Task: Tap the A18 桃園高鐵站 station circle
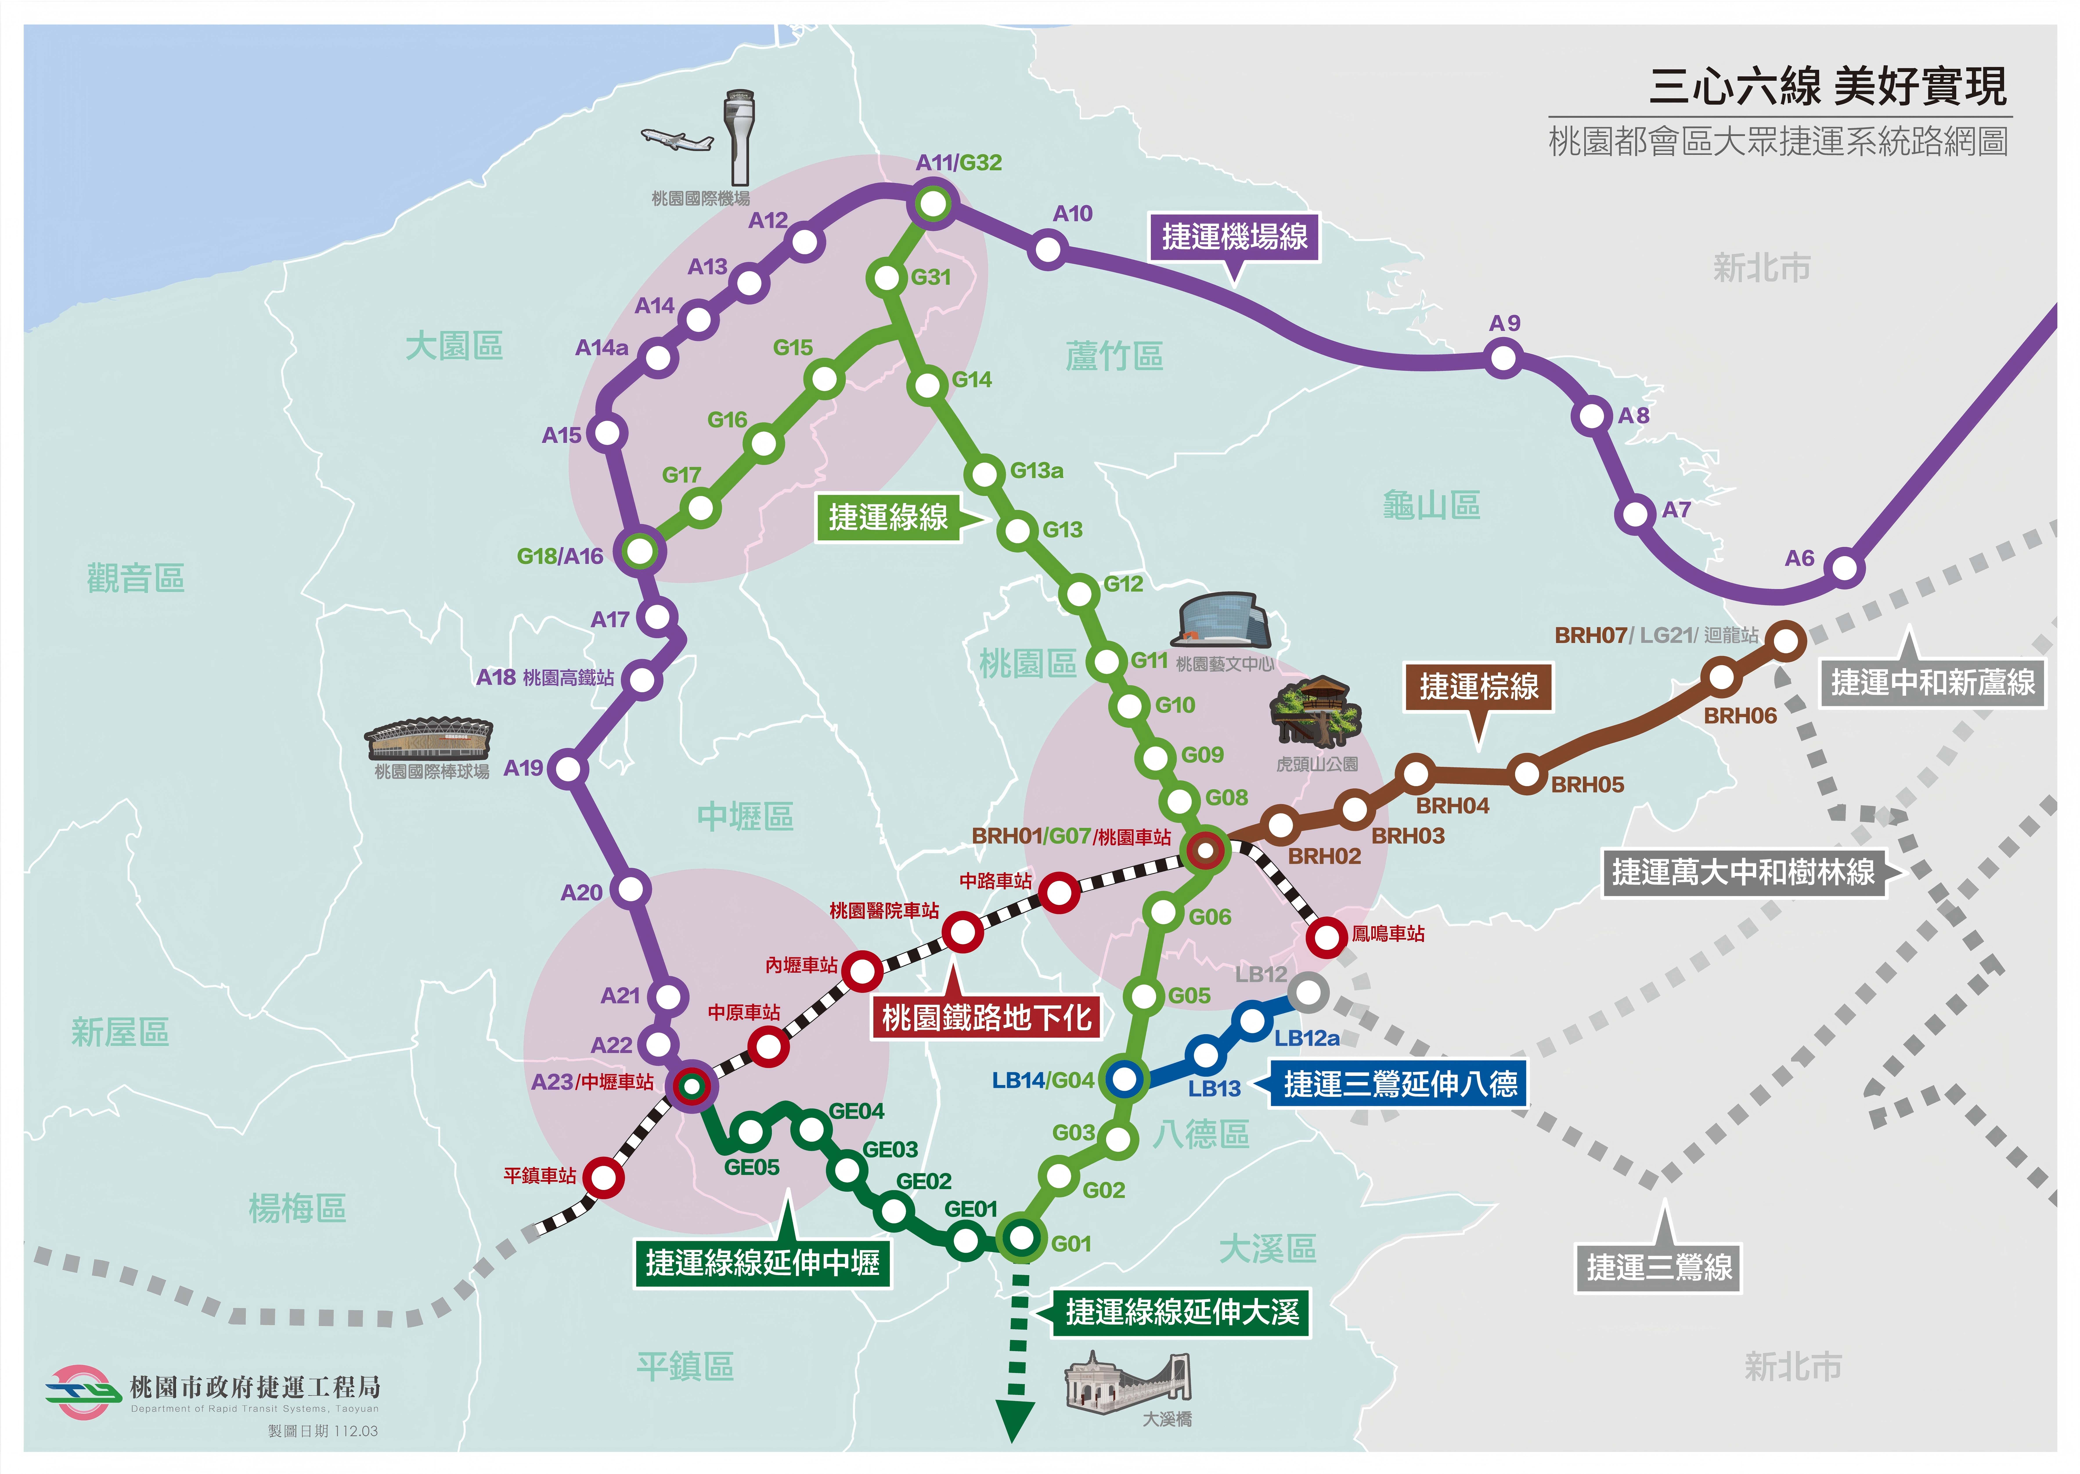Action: [642, 679]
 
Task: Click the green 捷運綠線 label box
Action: [888, 517]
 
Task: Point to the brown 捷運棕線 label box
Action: [1478, 686]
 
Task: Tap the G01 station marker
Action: [1021, 1237]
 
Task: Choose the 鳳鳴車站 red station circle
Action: [1326, 937]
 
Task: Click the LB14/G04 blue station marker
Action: [1124, 1079]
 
